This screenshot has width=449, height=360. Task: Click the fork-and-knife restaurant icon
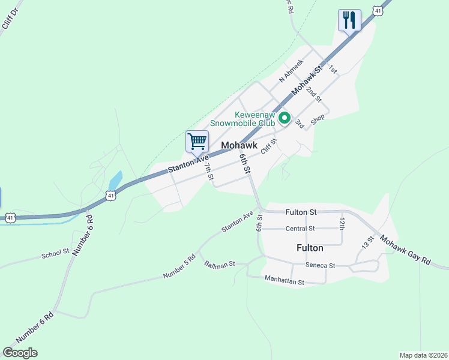pyautogui.click(x=349, y=20)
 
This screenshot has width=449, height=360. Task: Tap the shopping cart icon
pyautogui.click(x=197, y=142)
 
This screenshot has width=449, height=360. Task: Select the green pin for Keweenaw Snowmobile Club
pyautogui.click(x=285, y=119)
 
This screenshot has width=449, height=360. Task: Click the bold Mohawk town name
pyautogui.click(x=239, y=145)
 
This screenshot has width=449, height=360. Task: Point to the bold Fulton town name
pyautogui.click(x=310, y=247)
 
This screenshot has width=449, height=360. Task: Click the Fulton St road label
pyautogui.click(x=301, y=212)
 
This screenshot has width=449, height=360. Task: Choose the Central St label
pyautogui.click(x=300, y=229)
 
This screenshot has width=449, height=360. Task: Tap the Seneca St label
pyautogui.click(x=320, y=265)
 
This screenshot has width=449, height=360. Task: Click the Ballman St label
pyautogui.click(x=219, y=264)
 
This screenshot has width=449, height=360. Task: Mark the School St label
pyautogui.click(x=55, y=254)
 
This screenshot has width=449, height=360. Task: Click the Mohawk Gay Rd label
pyautogui.click(x=405, y=251)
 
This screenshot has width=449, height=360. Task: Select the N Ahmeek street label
pyautogui.click(x=291, y=71)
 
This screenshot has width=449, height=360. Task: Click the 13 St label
pyautogui.click(x=367, y=242)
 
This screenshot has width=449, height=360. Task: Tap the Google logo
pyautogui.click(x=20, y=353)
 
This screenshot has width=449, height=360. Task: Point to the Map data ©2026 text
pyautogui.click(x=423, y=355)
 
